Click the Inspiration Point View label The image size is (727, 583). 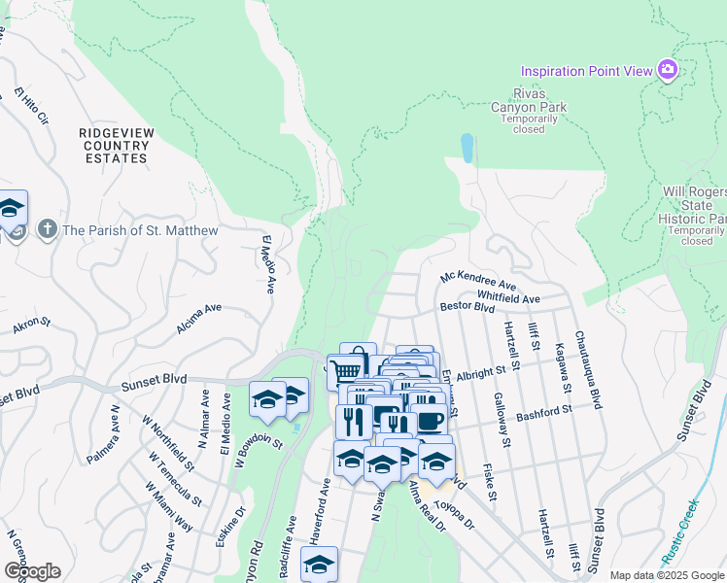[587, 71]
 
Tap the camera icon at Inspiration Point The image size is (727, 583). [668, 70]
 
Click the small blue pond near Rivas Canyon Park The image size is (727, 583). [467, 148]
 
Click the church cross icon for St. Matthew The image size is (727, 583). [46, 230]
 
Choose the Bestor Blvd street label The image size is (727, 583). [467, 307]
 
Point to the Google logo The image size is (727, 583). [32, 571]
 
